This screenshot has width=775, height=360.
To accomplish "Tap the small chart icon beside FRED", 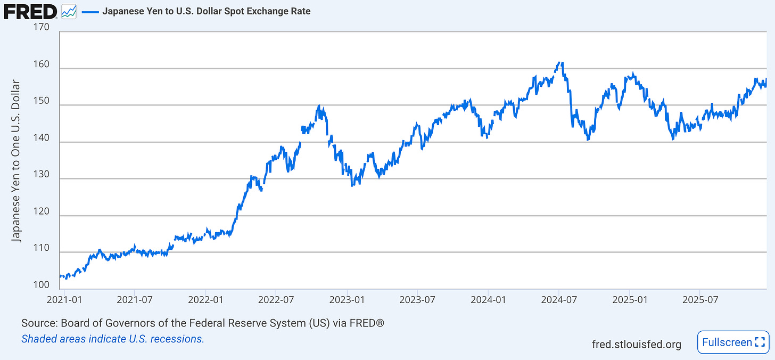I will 69,11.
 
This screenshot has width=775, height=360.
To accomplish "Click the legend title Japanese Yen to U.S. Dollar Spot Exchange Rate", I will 206,11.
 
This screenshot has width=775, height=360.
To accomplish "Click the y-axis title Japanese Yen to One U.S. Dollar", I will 17,161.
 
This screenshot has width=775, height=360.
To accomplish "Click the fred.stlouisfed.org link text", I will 636,344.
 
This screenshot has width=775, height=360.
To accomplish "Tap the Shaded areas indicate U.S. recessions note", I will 113,339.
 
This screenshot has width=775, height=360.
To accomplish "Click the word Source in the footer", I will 39,323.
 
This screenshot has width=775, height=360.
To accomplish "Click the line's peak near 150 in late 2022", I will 318,105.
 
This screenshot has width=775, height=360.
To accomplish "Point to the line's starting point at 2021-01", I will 60,276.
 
